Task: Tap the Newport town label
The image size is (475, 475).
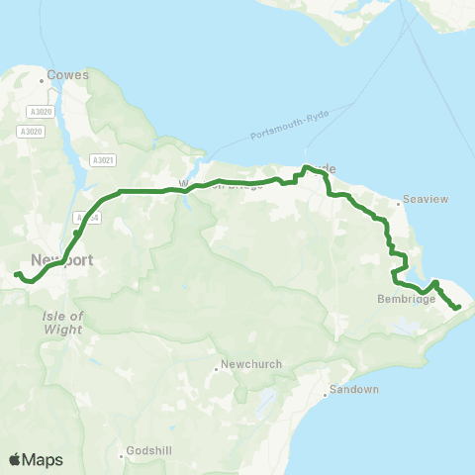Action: pyautogui.click(x=61, y=260)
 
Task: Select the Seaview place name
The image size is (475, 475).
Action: pyautogui.click(x=427, y=199)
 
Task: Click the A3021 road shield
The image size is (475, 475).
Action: pyautogui.click(x=103, y=160)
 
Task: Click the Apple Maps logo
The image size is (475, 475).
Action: pyautogui.click(x=36, y=459)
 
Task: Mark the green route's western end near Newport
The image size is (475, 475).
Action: pyautogui.click(x=17, y=274)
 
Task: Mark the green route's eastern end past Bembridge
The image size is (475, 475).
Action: pyautogui.click(x=458, y=308)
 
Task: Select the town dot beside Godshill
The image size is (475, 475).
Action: pyautogui.click(x=123, y=456)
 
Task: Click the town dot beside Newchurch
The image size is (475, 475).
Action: pyautogui.click(x=217, y=370)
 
